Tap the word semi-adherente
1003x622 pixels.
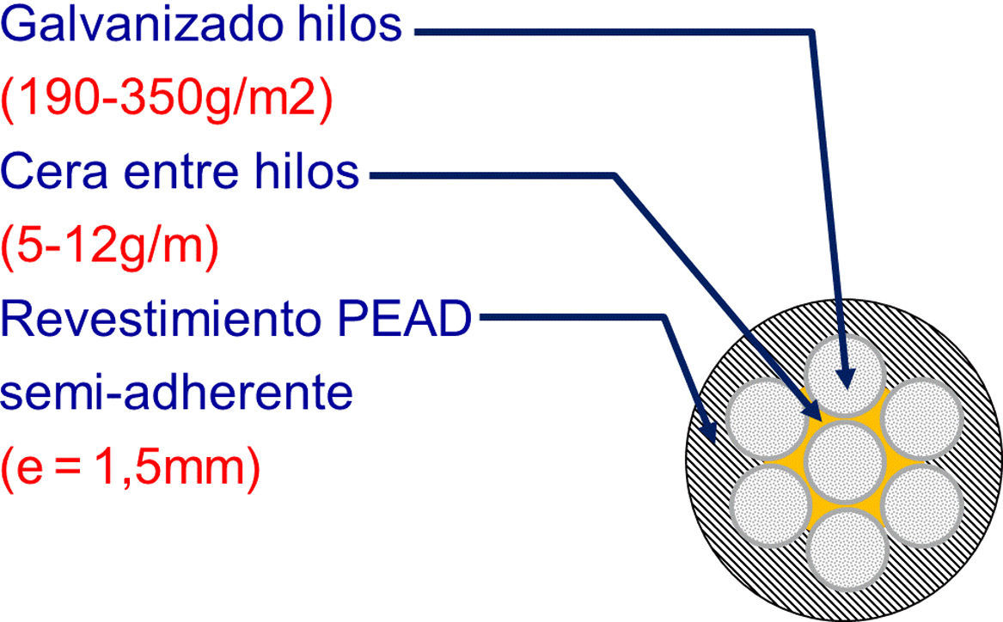tap(176, 395)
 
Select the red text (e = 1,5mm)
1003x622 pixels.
tap(130, 469)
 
